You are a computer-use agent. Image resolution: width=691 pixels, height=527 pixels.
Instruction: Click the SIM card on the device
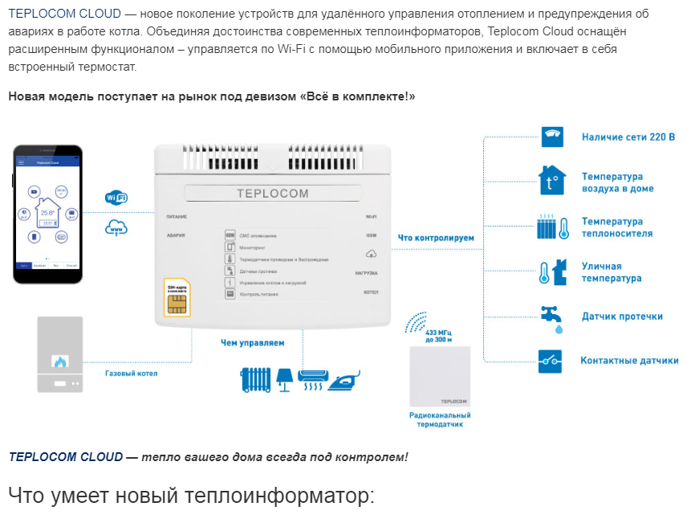177,298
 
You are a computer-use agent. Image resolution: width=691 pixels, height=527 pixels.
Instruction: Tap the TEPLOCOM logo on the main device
273,193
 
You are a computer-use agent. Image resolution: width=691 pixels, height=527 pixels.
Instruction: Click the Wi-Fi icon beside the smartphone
116,198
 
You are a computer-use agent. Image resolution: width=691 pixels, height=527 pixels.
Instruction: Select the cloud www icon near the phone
116,228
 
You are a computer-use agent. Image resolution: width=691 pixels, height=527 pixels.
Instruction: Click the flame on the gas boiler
59,361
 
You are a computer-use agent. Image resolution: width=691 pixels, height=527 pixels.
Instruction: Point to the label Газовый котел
132,374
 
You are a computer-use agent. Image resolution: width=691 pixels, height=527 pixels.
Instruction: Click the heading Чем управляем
252,343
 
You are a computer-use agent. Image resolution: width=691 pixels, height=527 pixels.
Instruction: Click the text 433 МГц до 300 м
438,336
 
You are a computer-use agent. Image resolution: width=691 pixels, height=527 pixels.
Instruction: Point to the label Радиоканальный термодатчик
440,419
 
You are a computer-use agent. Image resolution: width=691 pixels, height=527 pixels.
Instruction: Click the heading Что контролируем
437,238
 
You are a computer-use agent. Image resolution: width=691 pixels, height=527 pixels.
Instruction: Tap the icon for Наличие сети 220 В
552,137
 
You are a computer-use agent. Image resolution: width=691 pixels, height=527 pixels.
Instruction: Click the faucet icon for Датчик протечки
552,317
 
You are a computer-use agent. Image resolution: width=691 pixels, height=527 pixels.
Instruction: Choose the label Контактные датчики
629,361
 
